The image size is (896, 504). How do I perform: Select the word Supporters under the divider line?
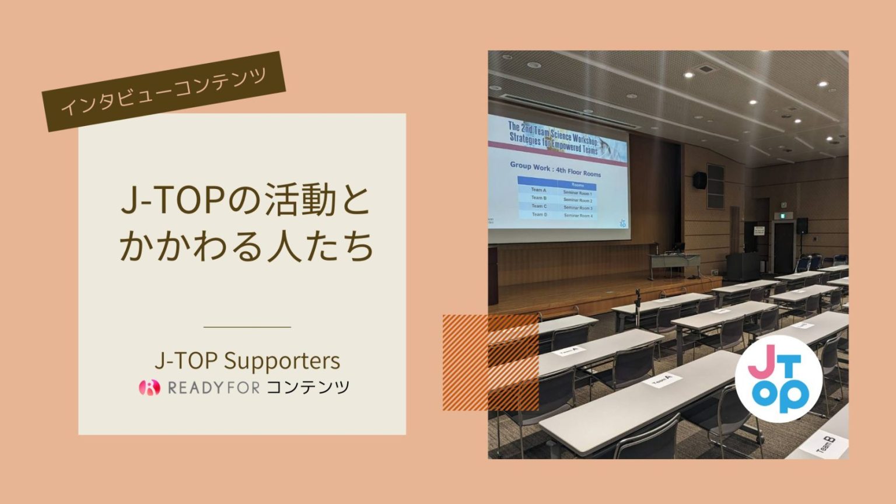pyautogui.click(x=282, y=360)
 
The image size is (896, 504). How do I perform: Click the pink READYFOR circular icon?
pyautogui.click(x=149, y=387)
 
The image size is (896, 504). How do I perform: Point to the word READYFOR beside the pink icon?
pyautogui.click(x=213, y=387)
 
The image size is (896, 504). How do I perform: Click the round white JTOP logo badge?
pyautogui.click(x=778, y=378)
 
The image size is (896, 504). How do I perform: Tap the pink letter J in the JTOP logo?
pyautogui.click(x=761, y=363)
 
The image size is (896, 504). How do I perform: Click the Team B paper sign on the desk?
pyautogui.click(x=825, y=446)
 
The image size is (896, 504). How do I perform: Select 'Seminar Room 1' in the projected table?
pyautogui.click(x=577, y=193)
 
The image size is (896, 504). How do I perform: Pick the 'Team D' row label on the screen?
pyautogui.click(x=539, y=215)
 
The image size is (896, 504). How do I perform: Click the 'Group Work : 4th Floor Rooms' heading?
pyautogui.click(x=555, y=169)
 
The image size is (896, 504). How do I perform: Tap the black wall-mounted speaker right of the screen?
pyautogui.click(x=699, y=180)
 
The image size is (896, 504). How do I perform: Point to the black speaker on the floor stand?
pyautogui.click(x=802, y=226)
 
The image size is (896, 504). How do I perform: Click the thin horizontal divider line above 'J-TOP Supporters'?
pyautogui.click(x=247, y=327)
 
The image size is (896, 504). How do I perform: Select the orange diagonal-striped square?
pyautogui.click(x=490, y=362)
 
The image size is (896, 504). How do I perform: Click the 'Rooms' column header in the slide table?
pyautogui.click(x=577, y=185)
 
